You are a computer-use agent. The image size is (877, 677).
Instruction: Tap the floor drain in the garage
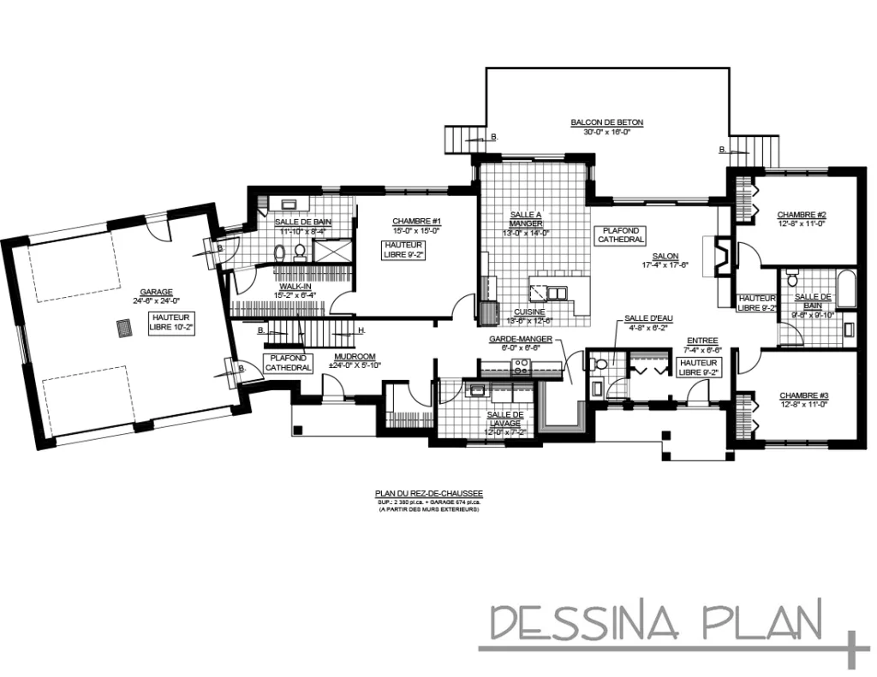coord(123,328)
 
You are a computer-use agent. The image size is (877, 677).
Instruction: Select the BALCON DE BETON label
coord(606,122)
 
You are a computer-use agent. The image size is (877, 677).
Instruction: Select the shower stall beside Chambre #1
coord(332,251)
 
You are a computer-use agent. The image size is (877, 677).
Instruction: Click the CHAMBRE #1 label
coord(416,220)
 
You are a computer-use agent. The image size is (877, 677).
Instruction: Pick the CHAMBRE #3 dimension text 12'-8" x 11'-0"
coord(803,405)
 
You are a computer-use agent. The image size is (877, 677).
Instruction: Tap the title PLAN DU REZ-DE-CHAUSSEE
coord(429,493)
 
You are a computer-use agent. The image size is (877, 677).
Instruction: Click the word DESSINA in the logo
coord(585,622)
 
